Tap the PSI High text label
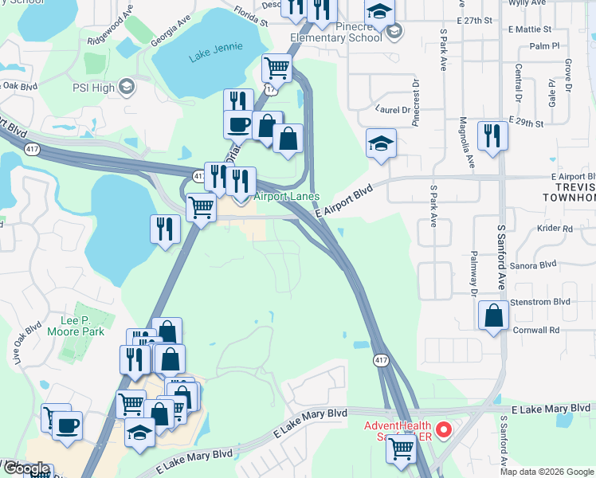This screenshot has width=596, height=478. click(x=94, y=88)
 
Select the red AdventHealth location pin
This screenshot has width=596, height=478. click(x=445, y=431)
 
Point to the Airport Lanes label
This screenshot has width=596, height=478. click(x=287, y=197)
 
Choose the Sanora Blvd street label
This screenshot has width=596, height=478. click(x=535, y=264)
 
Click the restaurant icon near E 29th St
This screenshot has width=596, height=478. click(x=492, y=135)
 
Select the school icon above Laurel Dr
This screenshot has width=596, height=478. click(x=381, y=143)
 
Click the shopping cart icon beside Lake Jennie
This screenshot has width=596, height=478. click(x=276, y=69)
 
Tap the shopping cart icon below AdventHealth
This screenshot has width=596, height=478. click(x=401, y=449)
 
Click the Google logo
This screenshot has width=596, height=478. click(x=25, y=469)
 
